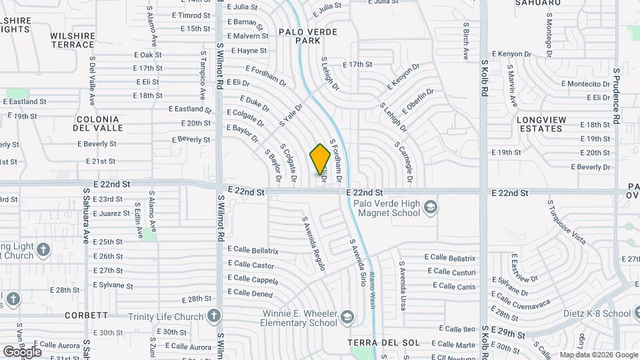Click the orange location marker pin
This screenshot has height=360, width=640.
click(x=320, y=159)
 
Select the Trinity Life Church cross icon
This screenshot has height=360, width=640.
click(x=213, y=315)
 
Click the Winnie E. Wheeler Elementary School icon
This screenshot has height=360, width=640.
click(x=346, y=316)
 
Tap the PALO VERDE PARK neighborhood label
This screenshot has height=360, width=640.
click(x=308, y=36)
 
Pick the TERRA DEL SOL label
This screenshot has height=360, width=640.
click(x=384, y=343)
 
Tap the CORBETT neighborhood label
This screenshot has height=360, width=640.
click(x=87, y=315)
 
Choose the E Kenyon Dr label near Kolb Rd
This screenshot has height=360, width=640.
click(x=513, y=53)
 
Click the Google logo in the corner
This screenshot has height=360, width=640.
click(x=21, y=351)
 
